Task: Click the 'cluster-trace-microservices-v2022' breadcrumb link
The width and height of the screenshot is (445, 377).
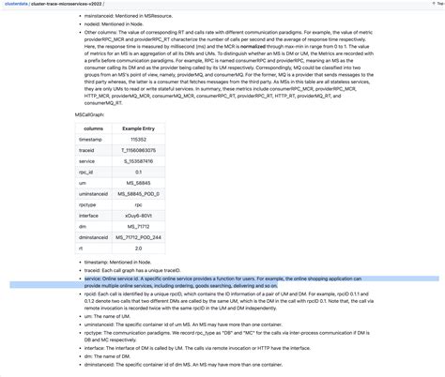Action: [69, 5]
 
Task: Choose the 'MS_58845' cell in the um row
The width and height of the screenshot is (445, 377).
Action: [138, 183]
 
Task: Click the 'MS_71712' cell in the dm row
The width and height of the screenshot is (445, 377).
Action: [137, 227]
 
